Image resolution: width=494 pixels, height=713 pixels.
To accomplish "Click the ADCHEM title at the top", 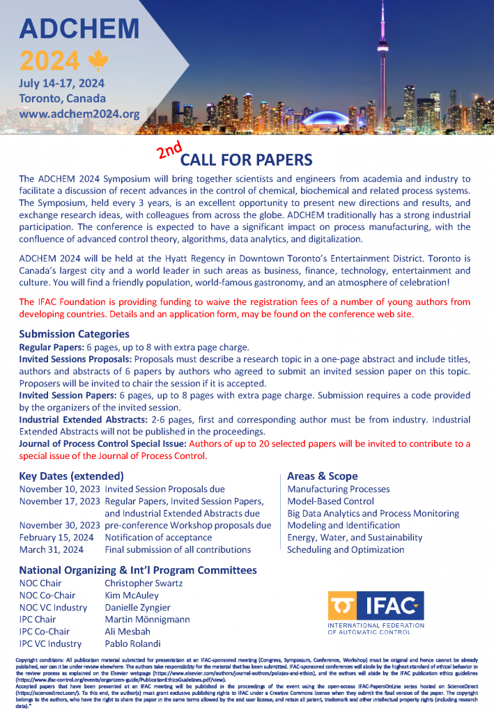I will pos(79,29).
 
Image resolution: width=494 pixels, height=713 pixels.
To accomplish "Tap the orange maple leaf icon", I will pos(95,61).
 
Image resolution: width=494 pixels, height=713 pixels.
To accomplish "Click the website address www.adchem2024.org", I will pos(79,113).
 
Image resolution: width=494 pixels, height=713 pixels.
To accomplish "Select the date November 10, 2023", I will pos(60,489).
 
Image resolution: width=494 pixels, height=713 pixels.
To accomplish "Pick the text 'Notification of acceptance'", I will pos(158,538).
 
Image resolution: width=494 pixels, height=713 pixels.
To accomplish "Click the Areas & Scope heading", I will pos(322,476).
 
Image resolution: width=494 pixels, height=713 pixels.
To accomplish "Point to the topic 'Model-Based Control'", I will pos(330,501).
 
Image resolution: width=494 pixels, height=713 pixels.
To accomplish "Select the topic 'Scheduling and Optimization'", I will pos(346,549).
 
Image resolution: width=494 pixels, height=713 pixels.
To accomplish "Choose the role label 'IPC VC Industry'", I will pos(50,644).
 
